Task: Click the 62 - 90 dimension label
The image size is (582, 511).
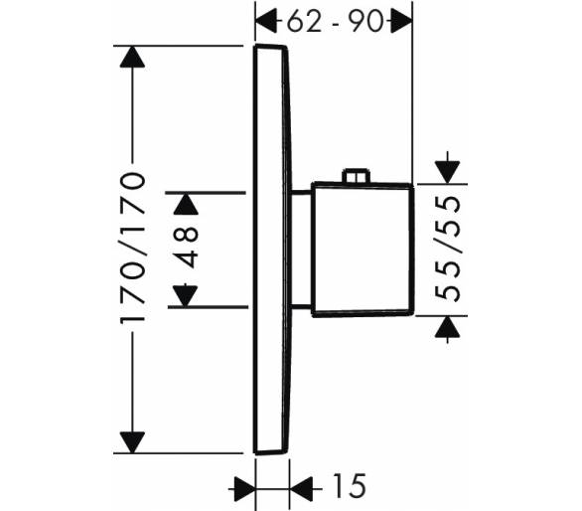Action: tap(335, 22)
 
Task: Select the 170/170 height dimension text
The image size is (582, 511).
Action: tap(132, 248)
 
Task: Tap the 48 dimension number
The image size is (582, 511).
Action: tap(186, 247)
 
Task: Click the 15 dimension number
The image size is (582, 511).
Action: tap(350, 485)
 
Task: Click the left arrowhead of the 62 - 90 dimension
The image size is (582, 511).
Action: tap(266, 22)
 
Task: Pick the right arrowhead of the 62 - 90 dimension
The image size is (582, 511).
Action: tap(402, 22)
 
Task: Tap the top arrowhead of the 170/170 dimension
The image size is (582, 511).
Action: tap(132, 57)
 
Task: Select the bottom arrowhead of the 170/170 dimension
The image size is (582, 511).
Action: tap(132, 442)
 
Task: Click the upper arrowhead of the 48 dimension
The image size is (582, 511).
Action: tap(186, 204)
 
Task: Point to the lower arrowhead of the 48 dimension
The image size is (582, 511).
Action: tap(185, 296)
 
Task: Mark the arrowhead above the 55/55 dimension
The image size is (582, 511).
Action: tap(448, 172)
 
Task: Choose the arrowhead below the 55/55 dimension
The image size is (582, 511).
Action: tap(448, 327)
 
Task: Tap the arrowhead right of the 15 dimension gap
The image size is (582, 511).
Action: tap(300, 489)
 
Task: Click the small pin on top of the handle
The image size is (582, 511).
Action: tap(356, 176)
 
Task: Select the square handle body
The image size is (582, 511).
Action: tap(363, 249)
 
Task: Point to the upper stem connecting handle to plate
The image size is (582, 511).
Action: tap(301, 193)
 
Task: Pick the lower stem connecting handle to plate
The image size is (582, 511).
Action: tap(301, 306)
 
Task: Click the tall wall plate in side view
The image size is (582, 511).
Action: tap(272, 249)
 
